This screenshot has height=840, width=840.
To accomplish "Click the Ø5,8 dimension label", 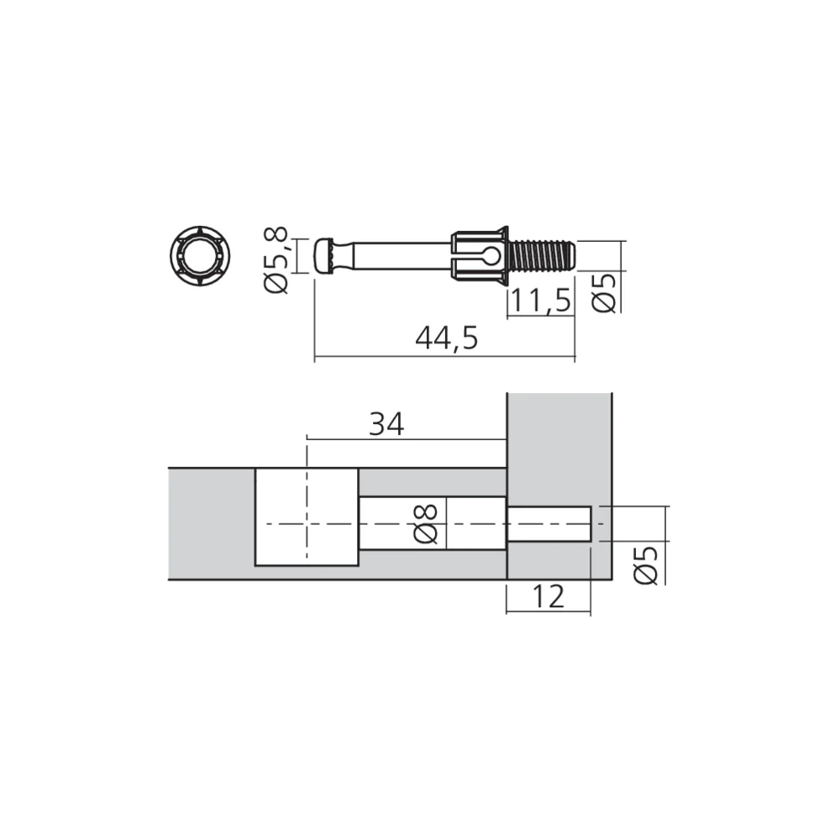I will click(x=276, y=260).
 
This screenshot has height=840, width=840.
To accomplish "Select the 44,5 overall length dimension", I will click(x=446, y=338).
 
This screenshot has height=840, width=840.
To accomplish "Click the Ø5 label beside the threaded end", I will click(x=606, y=291).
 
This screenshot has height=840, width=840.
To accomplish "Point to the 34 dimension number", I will click(x=386, y=425).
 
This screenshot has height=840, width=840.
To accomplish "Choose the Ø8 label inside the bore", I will click(x=427, y=523).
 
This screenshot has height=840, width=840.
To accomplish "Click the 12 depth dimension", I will click(x=547, y=596).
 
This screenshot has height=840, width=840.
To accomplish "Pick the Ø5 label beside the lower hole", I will click(x=646, y=564).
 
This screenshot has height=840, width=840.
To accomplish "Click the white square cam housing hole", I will click(x=307, y=517).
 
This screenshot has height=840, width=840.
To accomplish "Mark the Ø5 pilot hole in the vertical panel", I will click(x=549, y=523).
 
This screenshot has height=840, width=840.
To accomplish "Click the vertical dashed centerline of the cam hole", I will click(x=307, y=504).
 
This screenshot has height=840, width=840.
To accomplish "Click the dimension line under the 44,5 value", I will click(x=444, y=357).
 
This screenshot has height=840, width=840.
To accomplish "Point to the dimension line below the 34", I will click(x=407, y=439).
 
